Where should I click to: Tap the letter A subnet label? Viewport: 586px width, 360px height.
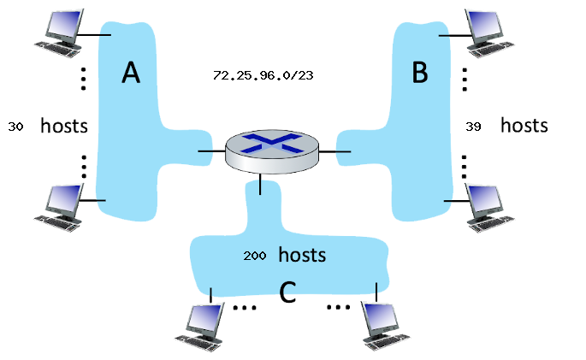click(130, 74)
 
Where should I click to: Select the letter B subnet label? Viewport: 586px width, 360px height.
click(419, 74)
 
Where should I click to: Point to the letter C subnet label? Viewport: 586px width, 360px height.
click(288, 292)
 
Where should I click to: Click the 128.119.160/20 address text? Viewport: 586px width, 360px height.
click(279, 65)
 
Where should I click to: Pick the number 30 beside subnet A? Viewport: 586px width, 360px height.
click(15, 127)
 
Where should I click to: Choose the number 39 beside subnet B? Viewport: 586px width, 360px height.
click(474, 127)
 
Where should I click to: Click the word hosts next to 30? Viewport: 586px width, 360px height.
click(65, 127)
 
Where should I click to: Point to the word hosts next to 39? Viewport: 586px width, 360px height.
click(524, 126)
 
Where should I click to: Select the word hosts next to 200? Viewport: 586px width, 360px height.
click(302, 255)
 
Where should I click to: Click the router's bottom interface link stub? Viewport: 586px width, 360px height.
click(260, 180)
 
